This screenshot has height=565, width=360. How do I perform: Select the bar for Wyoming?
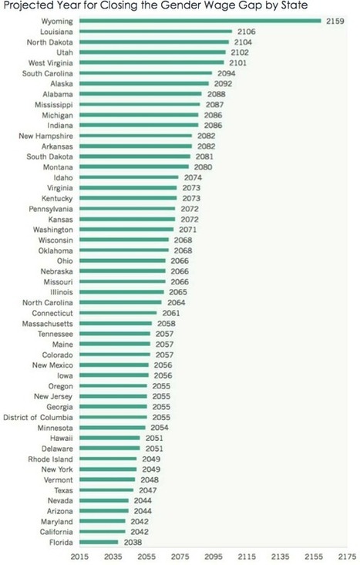[x=200, y=21]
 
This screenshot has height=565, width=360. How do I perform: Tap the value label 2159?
[x=334, y=21]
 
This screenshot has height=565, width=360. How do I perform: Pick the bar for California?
[x=103, y=532]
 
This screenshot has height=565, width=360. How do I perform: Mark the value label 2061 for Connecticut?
[x=169, y=313]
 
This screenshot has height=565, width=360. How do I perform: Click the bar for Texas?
[x=106, y=490]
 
